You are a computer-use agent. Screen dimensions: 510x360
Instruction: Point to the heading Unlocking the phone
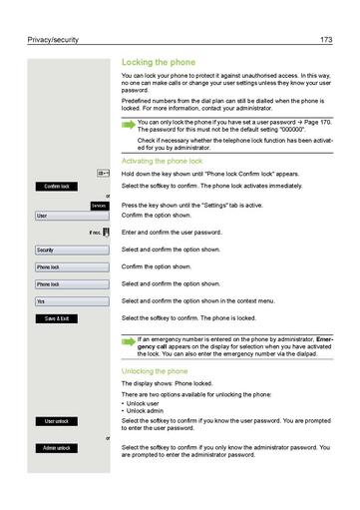point(154,371)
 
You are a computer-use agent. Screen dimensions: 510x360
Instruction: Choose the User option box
point(70,216)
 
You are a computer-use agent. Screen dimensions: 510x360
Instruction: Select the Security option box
point(70,250)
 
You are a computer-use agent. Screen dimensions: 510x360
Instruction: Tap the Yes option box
point(70,300)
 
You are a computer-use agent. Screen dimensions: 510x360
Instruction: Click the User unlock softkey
point(56,421)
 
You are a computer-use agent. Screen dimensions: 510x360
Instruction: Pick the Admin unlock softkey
point(56,448)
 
